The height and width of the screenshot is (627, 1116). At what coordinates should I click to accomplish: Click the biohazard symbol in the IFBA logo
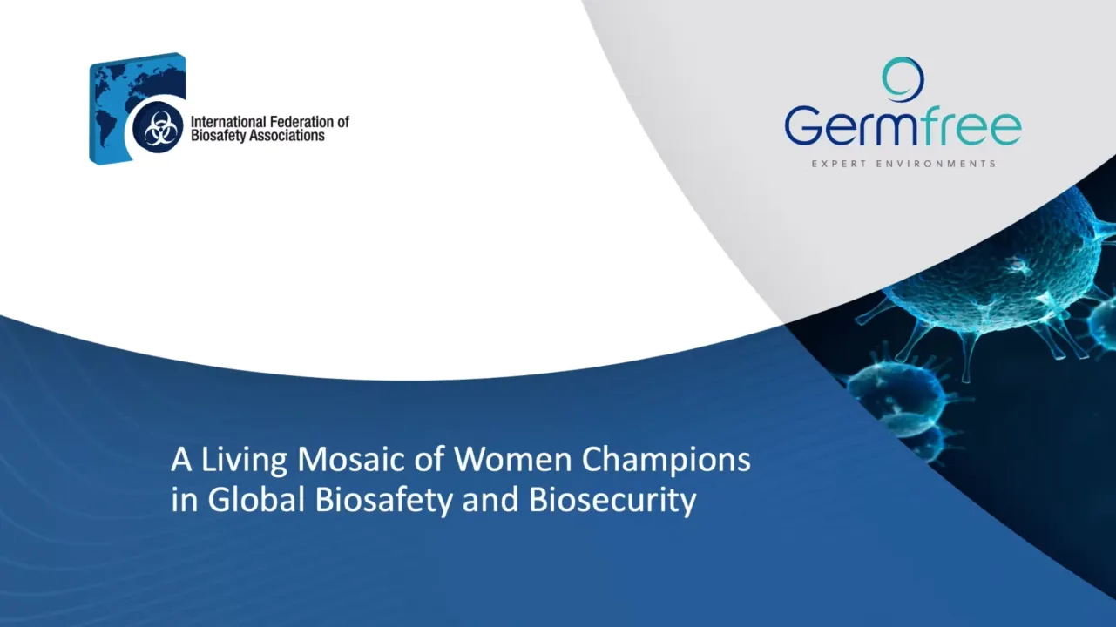159,130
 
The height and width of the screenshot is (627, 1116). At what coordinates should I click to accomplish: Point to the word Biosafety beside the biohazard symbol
220,136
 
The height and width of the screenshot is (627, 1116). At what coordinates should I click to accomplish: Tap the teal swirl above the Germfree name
902,79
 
